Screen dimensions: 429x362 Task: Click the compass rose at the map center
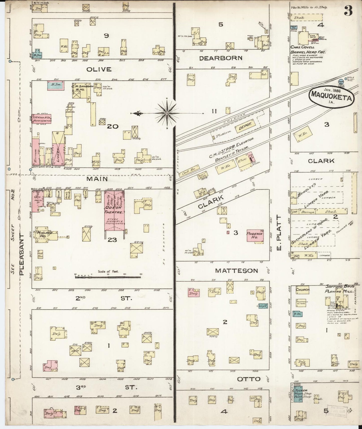coord(167,113)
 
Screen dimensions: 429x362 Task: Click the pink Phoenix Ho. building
coord(255,235)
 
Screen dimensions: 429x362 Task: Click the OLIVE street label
coord(99,69)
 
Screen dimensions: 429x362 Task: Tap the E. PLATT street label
coord(279,233)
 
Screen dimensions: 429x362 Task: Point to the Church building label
coord(303,290)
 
